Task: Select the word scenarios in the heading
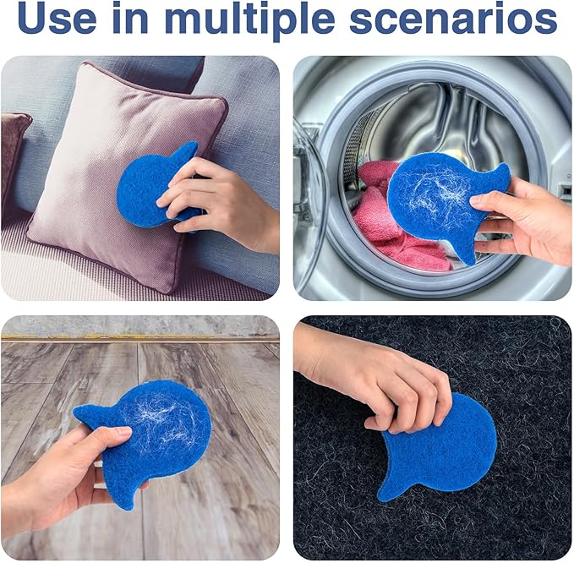453,19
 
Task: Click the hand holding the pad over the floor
66,484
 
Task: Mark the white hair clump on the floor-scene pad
161,421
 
